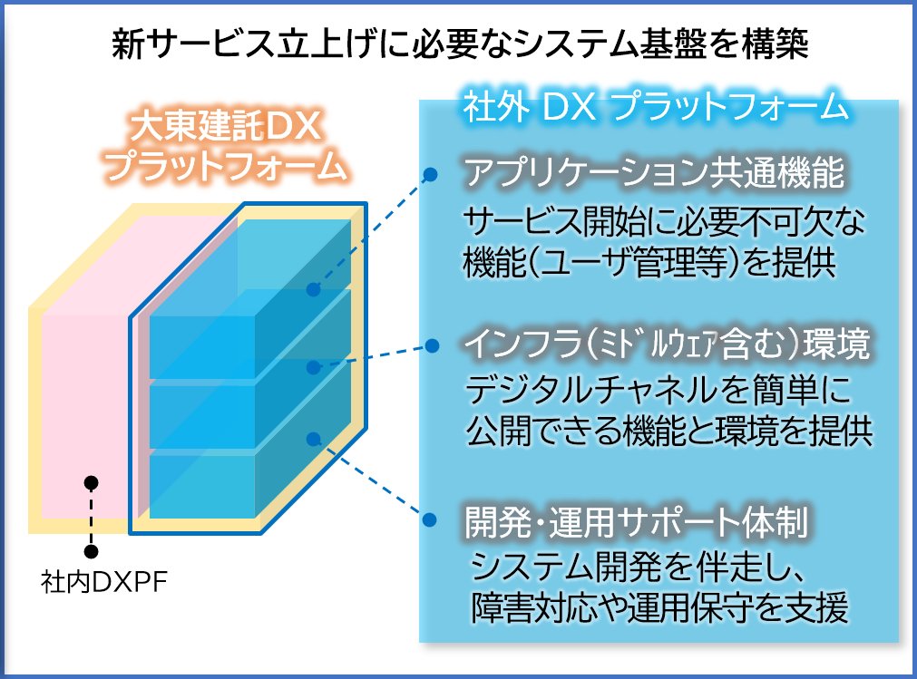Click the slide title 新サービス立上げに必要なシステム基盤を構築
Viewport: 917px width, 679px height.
click(x=460, y=44)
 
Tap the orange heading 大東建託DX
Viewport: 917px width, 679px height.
click(x=226, y=125)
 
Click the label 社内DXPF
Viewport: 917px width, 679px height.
click(x=104, y=581)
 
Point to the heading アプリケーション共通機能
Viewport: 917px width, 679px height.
click(x=654, y=172)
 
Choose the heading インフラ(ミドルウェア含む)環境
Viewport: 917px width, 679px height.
click(x=667, y=344)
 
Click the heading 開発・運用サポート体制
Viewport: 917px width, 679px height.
click(x=637, y=522)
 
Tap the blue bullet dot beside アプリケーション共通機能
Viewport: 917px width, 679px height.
click(x=431, y=173)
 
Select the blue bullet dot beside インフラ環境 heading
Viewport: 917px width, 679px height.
click(x=432, y=345)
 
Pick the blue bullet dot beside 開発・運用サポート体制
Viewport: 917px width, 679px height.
click(x=429, y=519)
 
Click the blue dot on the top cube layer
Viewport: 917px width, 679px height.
click(x=314, y=289)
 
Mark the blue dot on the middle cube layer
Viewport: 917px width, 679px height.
click(x=314, y=367)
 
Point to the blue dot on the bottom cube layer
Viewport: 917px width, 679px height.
click(x=314, y=439)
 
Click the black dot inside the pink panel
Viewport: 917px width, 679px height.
click(x=91, y=482)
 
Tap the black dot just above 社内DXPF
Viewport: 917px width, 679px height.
click(x=91, y=551)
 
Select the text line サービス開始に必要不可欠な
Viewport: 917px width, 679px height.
click(x=664, y=221)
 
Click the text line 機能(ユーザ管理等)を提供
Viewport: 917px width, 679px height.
click(x=649, y=262)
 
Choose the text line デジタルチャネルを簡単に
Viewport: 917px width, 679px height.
click(x=658, y=390)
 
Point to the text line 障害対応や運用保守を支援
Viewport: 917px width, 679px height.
click(x=659, y=607)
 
